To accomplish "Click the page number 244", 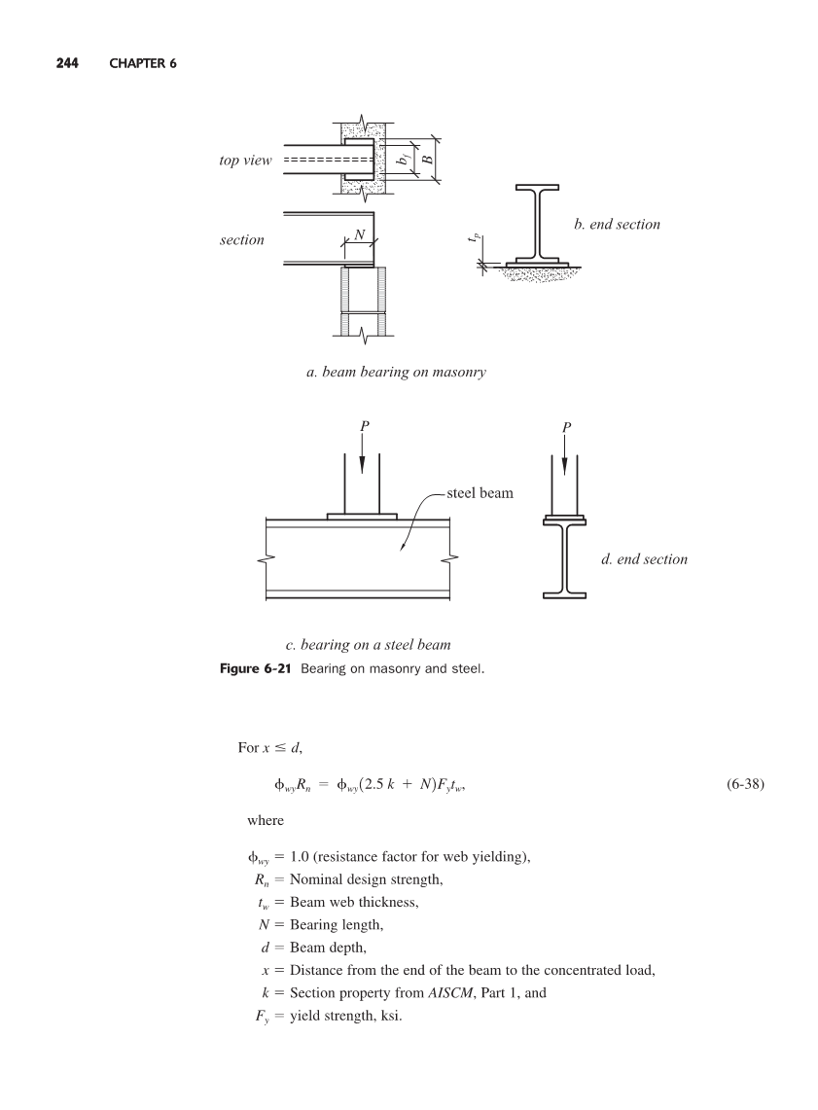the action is (x=67, y=63).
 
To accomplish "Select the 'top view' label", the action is (x=245, y=160).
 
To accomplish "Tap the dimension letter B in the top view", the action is (x=427, y=160).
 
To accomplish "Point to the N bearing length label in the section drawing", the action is (x=360, y=234).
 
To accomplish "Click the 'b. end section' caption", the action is (x=617, y=225).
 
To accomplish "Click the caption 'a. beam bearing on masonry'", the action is (x=396, y=373).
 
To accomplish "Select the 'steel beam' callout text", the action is (x=480, y=493).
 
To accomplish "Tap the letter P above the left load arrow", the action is (x=365, y=426).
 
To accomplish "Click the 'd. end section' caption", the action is (x=644, y=559).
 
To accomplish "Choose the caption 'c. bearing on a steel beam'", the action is (x=368, y=645).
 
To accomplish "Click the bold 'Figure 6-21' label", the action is (x=256, y=669).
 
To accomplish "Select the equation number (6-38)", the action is (x=745, y=784).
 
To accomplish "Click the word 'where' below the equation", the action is (x=266, y=820).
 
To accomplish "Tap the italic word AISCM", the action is (x=450, y=992).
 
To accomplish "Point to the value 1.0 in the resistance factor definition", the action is (x=300, y=856).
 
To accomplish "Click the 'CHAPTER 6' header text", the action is (x=143, y=63).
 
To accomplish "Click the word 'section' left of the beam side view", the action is (x=242, y=240).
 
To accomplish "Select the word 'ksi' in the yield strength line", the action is (x=390, y=1016).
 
